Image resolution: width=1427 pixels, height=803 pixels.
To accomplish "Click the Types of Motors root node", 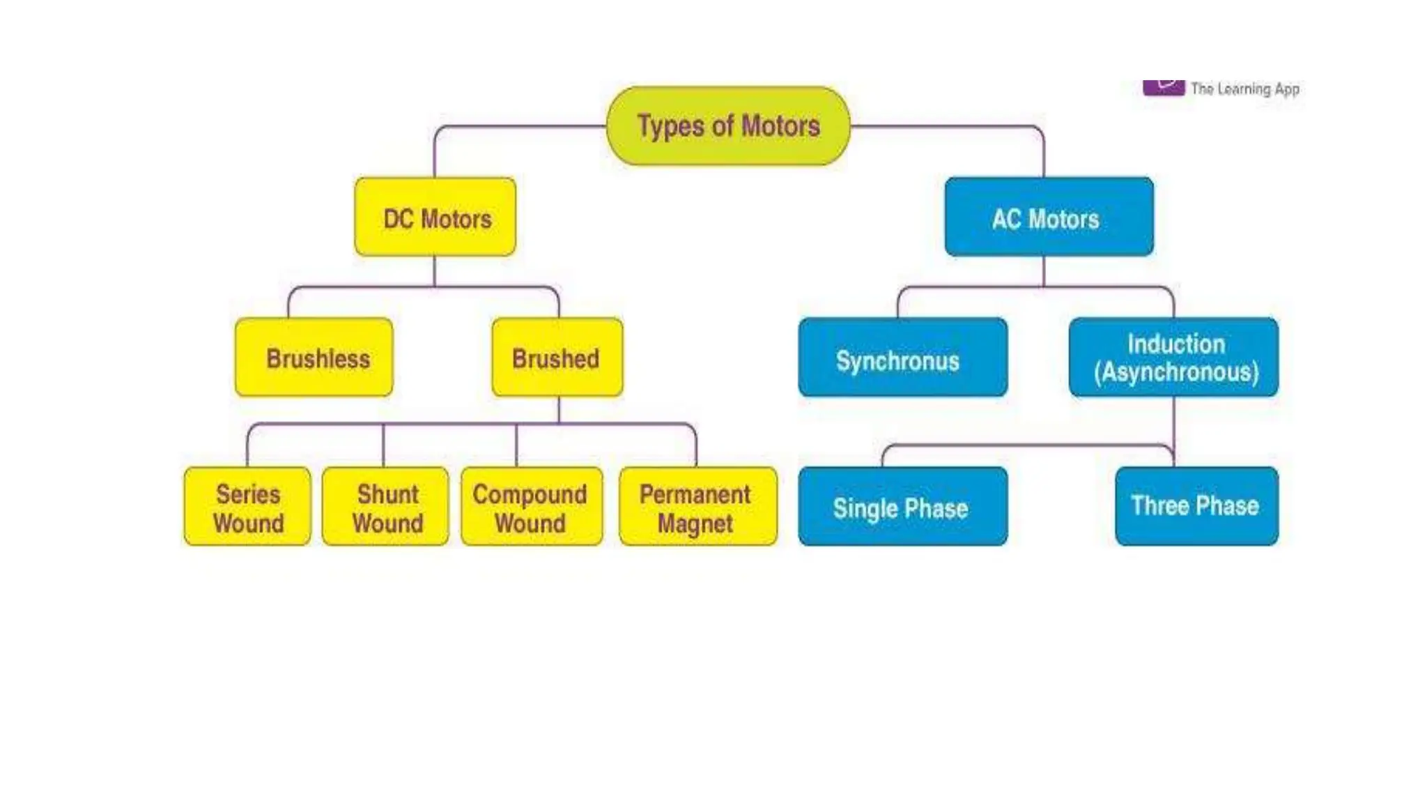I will coord(728,126).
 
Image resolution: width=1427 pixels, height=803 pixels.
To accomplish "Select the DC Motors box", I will coord(435,217).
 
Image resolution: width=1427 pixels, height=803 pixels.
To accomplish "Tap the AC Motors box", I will coord(1049,217).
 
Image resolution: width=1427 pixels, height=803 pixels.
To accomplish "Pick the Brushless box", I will coord(314,358).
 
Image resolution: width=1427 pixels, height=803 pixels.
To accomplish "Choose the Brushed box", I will coord(557,358).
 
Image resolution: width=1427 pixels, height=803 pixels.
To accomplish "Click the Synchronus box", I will coord(902,358).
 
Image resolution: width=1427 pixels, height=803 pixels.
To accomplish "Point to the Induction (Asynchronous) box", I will coord(1173,358).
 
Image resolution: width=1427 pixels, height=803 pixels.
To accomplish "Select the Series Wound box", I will coord(247,507).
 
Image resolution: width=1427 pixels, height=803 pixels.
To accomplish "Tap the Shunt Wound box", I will coord(385,507).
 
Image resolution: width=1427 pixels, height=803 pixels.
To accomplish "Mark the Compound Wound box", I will coord(532,507).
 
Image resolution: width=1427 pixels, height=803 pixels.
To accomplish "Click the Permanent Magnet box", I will coord(697,507).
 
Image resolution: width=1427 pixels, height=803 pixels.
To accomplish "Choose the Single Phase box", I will coord(902,507).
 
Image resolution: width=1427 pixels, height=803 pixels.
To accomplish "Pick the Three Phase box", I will coord(1196,507).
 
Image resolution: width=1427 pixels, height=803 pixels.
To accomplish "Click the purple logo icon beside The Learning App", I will coord(1163,88).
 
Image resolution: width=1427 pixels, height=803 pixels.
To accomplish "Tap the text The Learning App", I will coord(1244,89).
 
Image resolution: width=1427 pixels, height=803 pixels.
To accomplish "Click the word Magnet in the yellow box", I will coord(695,523).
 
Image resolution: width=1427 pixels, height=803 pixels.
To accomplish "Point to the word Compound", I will coord(530,494).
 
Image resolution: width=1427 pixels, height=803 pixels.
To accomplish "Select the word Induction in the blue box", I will coord(1176,344).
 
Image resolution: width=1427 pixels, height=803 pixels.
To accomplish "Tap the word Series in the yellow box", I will coord(248,494).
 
